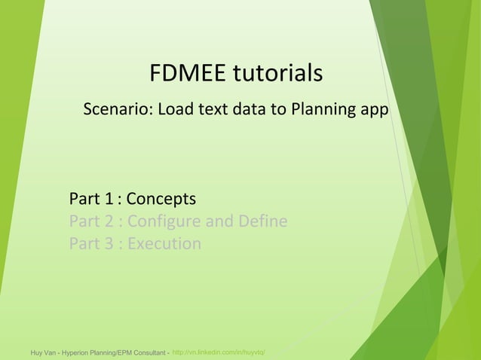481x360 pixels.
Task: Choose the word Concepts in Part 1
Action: tap(161, 199)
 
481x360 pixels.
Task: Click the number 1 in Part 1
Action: tap(110, 199)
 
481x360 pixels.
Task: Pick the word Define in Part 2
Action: tap(262, 221)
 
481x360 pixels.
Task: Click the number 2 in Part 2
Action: tap(110, 221)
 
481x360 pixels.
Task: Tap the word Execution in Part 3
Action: tap(164, 244)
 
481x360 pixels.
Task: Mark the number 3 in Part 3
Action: tap(110, 244)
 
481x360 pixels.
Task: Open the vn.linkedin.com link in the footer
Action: tap(218, 352)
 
